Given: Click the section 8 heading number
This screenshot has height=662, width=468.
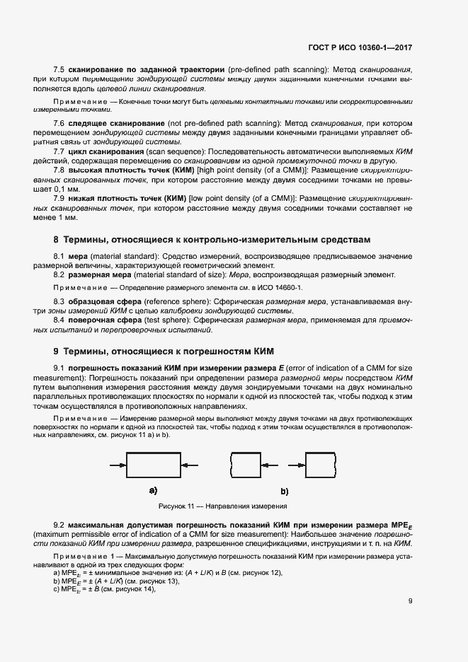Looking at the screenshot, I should tap(57, 240).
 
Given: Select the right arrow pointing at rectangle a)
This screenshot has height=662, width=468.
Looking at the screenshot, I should tap(191, 465).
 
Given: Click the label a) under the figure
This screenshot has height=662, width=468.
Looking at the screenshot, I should tap(153, 490).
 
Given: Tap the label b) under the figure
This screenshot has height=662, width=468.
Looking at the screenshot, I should tap(285, 491).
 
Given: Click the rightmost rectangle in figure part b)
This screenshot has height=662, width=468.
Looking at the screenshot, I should tap(319, 465).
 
